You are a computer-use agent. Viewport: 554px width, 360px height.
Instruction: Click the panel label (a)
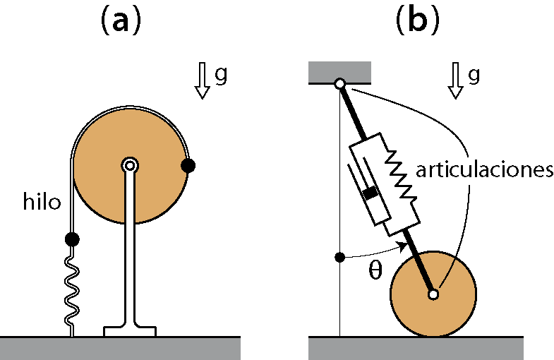click(121, 21)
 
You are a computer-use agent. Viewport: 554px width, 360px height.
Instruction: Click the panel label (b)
click(418, 21)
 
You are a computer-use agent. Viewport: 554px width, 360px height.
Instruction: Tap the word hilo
click(42, 201)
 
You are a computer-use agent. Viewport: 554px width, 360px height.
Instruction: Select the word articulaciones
click(484, 170)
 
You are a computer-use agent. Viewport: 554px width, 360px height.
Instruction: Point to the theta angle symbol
click(375, 270)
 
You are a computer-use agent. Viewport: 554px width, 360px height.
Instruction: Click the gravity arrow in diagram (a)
click(202, 80)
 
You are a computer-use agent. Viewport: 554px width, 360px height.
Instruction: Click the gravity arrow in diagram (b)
click(455, 80)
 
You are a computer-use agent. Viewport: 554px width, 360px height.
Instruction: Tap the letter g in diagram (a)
click(221, 76)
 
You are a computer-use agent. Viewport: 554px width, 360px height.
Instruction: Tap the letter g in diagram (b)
click(474, 76)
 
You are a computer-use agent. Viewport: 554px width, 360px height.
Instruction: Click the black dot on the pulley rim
click(188, 165)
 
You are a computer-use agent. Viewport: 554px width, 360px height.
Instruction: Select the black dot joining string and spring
click(72, 239)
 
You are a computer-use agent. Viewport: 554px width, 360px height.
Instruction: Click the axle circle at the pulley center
click(130, 165)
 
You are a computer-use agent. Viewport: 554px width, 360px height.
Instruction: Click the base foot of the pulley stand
click(130, 331)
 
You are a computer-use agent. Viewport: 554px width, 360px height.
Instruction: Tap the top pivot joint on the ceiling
click(340, 84)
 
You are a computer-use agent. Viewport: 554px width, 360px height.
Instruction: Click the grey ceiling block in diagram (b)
click(339, 73)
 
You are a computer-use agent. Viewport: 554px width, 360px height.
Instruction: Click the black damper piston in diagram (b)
click(370, 193)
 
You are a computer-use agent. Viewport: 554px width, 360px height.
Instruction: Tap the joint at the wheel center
click(433, 294)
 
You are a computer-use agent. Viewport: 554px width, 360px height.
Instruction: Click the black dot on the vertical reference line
click(339, 257)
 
